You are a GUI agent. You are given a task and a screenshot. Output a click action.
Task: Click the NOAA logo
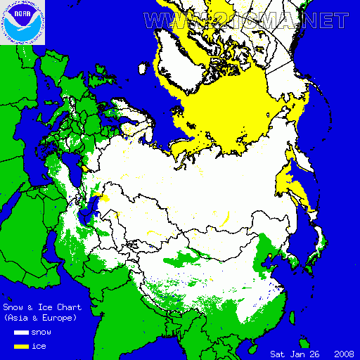tap(22, 22)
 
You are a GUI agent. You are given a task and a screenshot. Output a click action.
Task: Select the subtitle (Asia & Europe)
tap(39, 318)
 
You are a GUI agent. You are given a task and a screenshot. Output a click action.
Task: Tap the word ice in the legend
tap(38, 347)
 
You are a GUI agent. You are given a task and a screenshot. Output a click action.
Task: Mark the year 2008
tap(345, 353)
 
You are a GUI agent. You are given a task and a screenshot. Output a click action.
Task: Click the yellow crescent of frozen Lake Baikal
tap(227, 223)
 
